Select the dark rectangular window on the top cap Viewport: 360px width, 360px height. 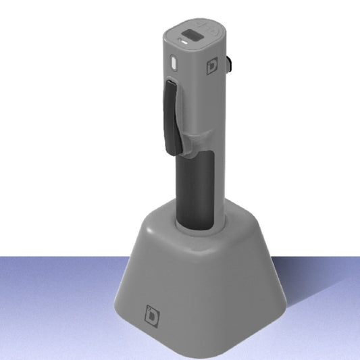tap(192, 36)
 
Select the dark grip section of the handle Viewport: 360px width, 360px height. tap(193, 189)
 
